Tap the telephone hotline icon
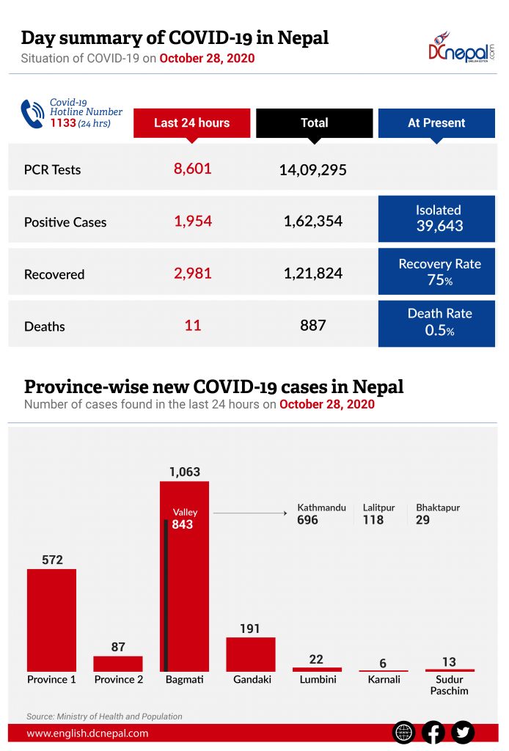(x=32, y=114)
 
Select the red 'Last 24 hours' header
(x=191, y=123)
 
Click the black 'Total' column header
(x=314, y=123)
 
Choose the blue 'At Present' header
(x=436, y=123)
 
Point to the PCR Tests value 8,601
(x=192, y=169)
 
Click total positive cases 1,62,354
(x=313, y=221)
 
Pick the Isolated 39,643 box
(x=438, y=219)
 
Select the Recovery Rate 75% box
(x=438, y=271)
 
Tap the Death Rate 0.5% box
(x=438, y=323)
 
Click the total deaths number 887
(x=313, y=325)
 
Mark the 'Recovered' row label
(x=54, y=274)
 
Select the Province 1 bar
(x=51, y=620)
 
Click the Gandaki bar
(x=251, y=654)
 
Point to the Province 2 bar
(x=118, y=663)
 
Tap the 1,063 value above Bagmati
(x=184, y=472)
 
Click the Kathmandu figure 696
(x=307, y=520)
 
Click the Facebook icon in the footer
(x=433, y=732)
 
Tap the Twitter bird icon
(x=463, y=732)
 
